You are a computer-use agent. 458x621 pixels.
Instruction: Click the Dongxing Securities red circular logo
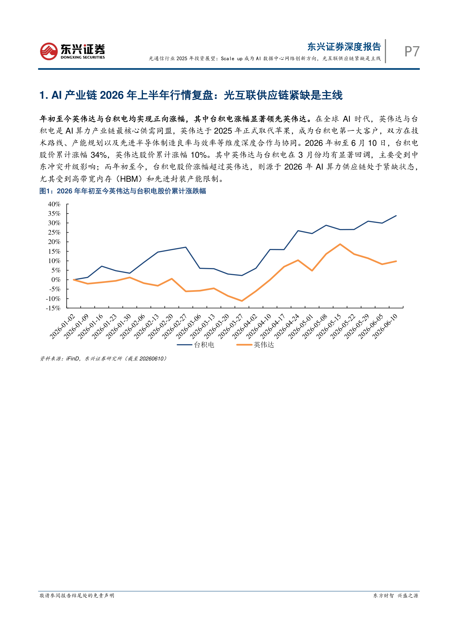coord(49,51)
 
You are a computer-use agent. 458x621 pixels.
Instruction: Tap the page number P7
coord(412,51)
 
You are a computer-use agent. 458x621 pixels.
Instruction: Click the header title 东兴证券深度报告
coord(344,47)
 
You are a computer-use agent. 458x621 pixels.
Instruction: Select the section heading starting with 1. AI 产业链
coord(191,95)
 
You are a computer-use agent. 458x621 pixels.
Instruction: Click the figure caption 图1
coord(123,191)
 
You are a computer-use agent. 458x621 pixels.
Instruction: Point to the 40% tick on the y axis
coord(54,204)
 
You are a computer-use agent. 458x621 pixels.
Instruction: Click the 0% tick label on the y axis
coord(56,280)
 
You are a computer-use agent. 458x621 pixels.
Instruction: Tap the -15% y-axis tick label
coord(53,308)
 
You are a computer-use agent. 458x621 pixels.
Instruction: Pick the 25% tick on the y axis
coord(54,232)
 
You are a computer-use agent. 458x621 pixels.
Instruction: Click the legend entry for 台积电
coord(196,345)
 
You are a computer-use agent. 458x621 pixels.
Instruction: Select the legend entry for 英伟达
coord(255,345)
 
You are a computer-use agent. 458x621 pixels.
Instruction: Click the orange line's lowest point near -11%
coord(242,301)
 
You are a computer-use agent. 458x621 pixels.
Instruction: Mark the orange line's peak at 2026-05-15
coord(340,244)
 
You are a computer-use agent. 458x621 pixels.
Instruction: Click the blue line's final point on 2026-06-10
coord(396,215)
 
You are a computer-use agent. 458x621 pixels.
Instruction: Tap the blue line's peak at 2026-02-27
coord(186,247)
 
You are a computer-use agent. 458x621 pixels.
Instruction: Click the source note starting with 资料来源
coord(103,359)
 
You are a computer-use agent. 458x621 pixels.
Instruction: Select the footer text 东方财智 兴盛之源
coord(396,596)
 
